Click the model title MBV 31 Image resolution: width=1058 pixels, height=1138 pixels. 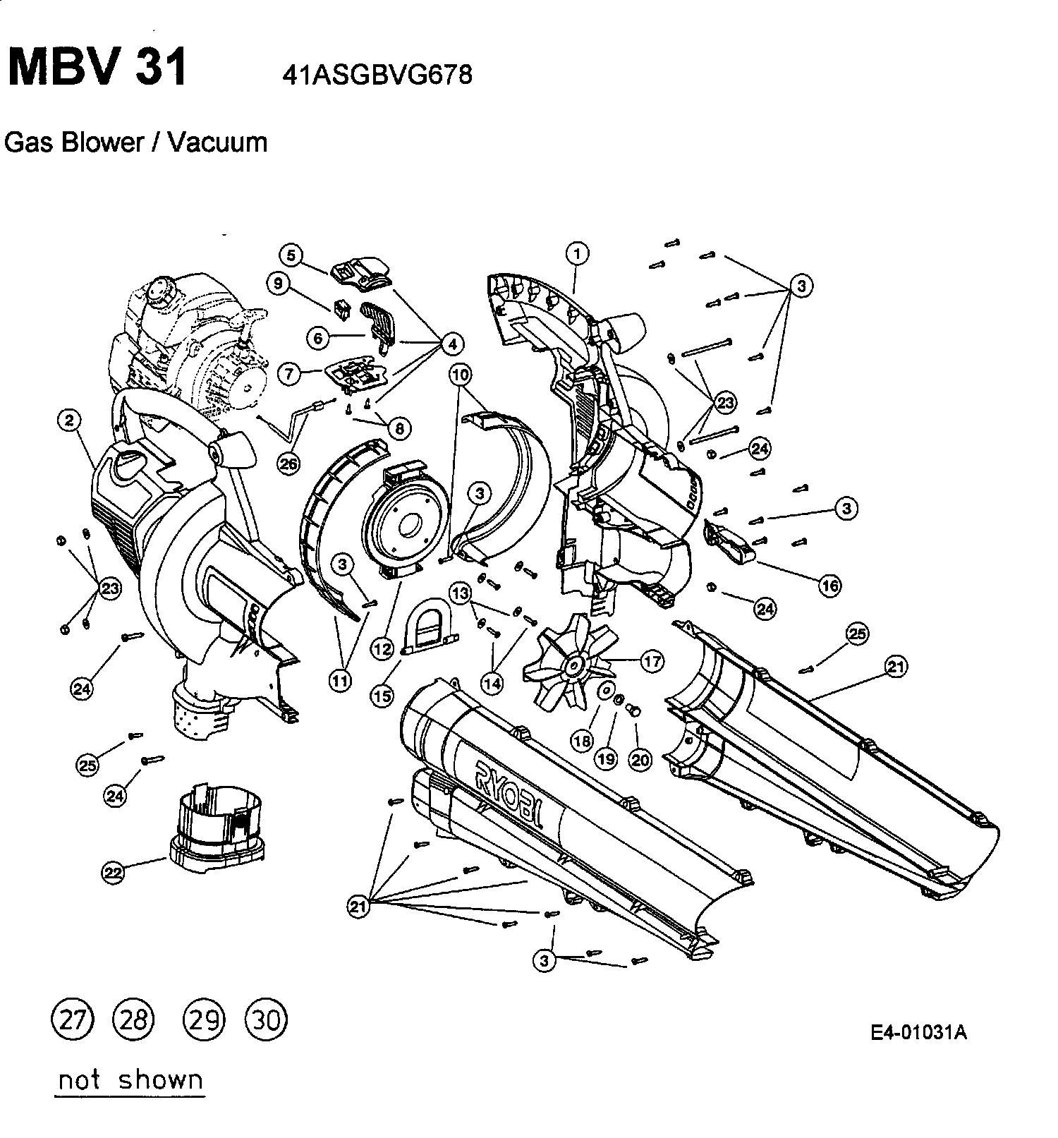98,68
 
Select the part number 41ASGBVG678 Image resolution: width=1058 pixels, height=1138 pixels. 377,75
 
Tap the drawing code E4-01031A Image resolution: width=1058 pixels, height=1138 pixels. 918,1033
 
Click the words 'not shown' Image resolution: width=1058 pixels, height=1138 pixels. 130,1080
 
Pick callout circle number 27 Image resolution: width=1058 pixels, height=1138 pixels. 72,1020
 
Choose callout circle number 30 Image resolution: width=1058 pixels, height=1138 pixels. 266,1020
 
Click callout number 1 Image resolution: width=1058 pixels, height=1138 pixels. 577,253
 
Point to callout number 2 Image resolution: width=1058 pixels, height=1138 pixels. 68,420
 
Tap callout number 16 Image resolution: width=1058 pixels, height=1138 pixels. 830,585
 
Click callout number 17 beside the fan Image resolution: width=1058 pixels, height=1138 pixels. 652,661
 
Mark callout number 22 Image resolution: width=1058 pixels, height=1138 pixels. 114,872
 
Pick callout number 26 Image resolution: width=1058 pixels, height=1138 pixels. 288,464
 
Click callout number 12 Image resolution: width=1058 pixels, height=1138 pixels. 382,648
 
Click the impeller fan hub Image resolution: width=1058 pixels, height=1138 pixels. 575,665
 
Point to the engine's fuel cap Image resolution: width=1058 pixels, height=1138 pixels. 162,290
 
